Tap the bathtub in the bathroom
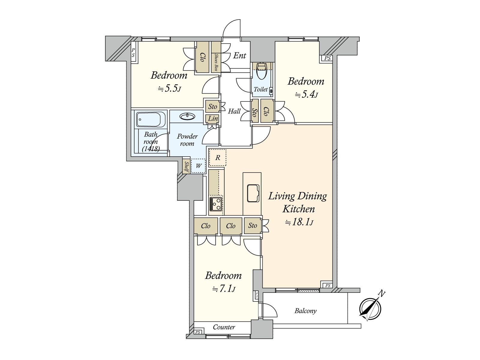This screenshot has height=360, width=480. tap(151, 119)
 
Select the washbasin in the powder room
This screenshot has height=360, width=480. tap(187, 116)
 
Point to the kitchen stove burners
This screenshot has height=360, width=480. tap(216, 204)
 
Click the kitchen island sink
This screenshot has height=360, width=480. tap(253, 193)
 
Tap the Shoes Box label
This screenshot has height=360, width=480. tap(216, 62)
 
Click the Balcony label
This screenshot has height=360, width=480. tap(305, 311)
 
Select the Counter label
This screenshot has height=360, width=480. tap(224, 327)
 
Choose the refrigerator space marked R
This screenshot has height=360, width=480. tap(217, 157)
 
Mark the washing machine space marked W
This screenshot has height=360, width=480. tap(198, 166)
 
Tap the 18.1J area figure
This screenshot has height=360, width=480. tap(299, 222)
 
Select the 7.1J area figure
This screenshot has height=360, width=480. tap(224, 289)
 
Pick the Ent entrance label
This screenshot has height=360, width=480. tap(239, 55)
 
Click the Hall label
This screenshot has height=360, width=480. tap(234, 111)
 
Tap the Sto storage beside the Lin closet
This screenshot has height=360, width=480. tap(212, 107)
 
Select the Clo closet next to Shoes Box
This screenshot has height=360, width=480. tap(202, 57)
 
